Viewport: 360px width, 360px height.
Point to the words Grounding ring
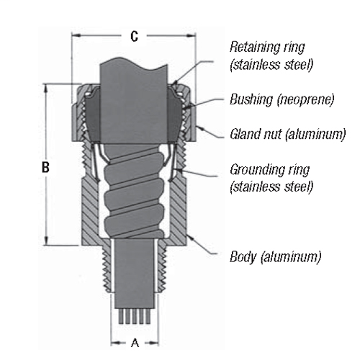pos(269,171)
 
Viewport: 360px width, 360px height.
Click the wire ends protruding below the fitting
pos(133,315)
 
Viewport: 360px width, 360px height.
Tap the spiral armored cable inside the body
pos(133,194)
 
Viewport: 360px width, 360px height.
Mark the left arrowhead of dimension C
pos(75,36)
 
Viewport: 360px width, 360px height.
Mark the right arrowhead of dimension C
pos(192,36)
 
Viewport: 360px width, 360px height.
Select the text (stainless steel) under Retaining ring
pos(266,63)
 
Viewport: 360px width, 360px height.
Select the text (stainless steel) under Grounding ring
pos(271,187)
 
